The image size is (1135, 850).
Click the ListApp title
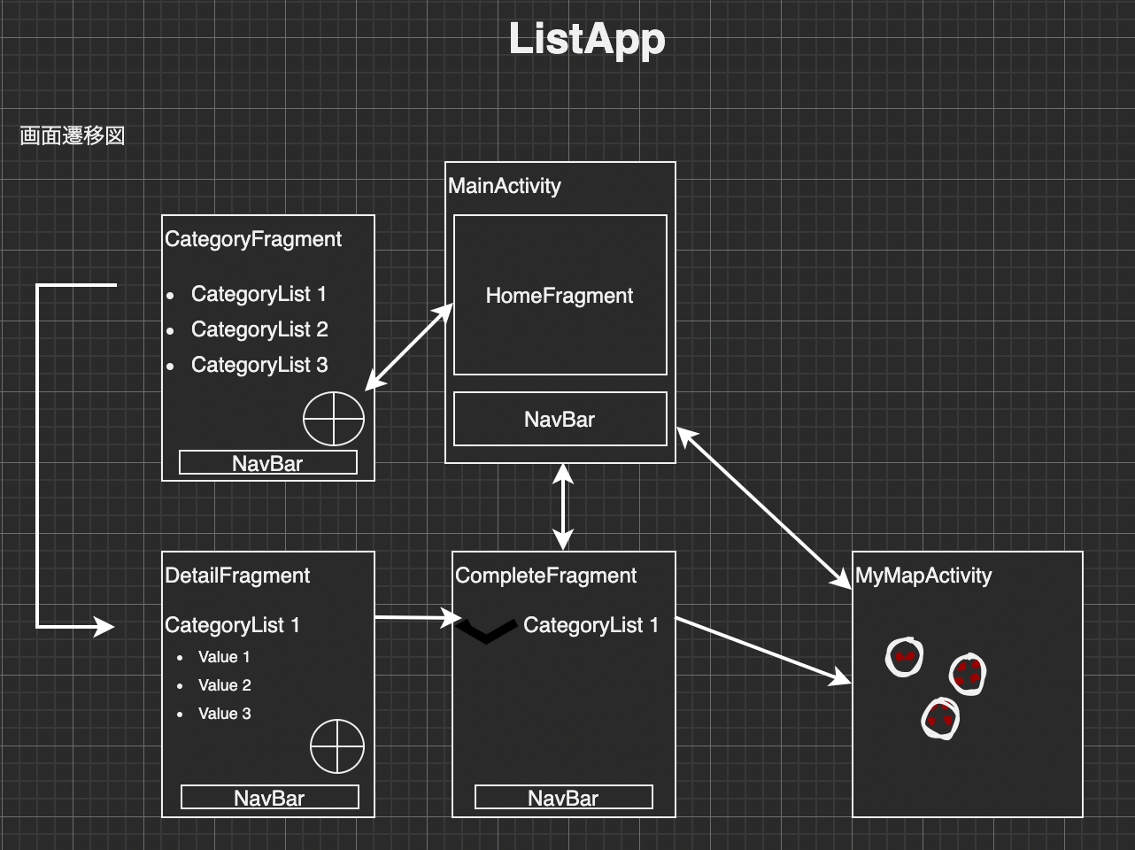[x=586, y=40]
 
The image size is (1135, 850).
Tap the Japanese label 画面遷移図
[x=73, y=135]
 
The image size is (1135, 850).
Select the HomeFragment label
[x=560, y=296]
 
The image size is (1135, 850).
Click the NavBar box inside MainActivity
[x=560, y=419]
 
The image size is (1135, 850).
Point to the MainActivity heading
[x=505, y=186]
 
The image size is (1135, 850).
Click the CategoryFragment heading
[x=253, y=239]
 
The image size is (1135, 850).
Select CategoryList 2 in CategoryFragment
[x=259, y=329]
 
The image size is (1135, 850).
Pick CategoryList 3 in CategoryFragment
[x=259, y=365]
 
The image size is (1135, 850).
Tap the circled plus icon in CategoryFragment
[x=334, y=419]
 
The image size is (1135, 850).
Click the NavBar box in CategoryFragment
[x=267, y=462]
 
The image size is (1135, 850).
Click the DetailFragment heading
[x=237, y=576]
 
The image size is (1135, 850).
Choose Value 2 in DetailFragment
[x=224, y=685]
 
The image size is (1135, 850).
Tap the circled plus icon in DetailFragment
[x=337, y=746]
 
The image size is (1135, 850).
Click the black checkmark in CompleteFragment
[x=486, y=631]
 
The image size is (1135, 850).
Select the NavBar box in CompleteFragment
[x=563, y=797]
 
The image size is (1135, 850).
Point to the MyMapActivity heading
[x=923, y=576]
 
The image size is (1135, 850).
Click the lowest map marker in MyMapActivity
[x=940, y=718]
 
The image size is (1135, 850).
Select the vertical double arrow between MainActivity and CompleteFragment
[x=563, y=507]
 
